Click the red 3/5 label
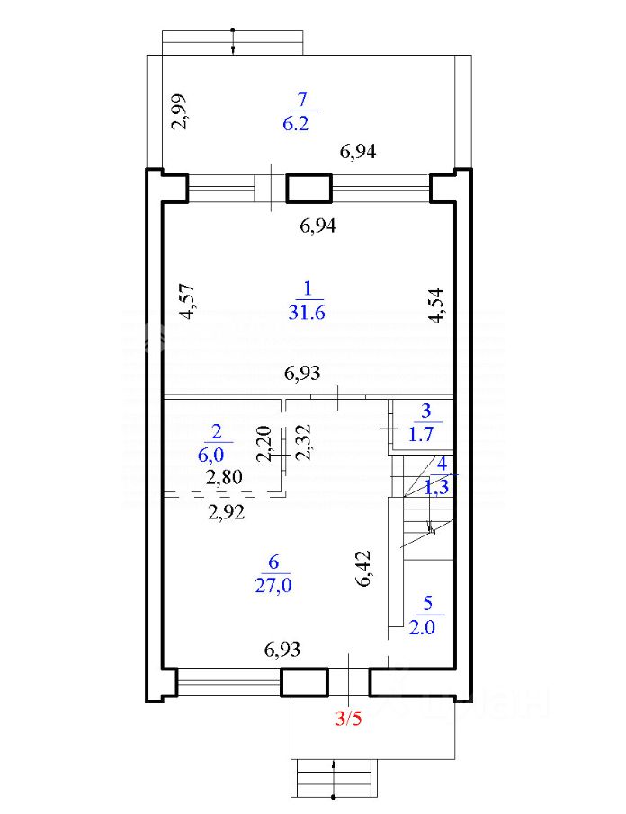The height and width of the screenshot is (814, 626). tap(348, 719)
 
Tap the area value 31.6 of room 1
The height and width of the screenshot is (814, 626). tap(307, 313)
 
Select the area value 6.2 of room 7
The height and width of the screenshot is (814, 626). tap(296, 124)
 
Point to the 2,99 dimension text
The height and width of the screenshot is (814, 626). tap(180, 111)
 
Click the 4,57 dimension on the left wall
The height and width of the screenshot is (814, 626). tap(186, 301)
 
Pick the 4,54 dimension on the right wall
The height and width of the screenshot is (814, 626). tap(436, 305)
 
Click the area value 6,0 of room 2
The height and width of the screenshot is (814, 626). tap(211, 455)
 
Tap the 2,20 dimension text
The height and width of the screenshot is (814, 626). tap(265, 443)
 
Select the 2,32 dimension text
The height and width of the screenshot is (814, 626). tap(303, 442)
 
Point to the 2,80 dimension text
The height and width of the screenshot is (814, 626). tap(225, 477)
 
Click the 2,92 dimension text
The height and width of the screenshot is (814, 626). tap(226, 513)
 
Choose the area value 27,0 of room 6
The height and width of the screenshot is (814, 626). tap(273, 585)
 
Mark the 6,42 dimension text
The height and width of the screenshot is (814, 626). tap(364, 569)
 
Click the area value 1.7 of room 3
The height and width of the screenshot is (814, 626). tap(421, 434)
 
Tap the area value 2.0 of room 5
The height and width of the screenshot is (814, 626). tap(422, 627)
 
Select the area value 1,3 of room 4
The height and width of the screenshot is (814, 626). tap(436, 488)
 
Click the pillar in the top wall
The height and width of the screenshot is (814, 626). tap(309, 188)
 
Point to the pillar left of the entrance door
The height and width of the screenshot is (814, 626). tap(304, 682)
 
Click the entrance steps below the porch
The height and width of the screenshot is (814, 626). tap(334, 778)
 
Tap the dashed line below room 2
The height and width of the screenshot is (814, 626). tap(223, 493)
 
